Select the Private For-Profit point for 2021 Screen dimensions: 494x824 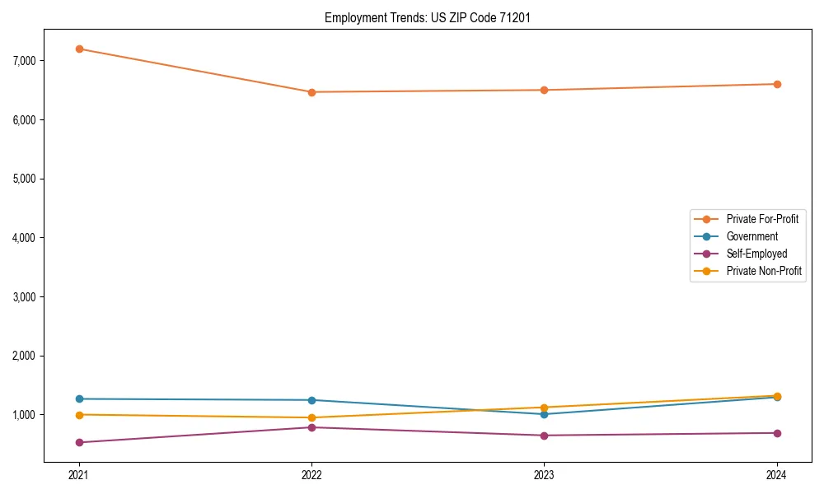pyautogui.click(x=79, y=49)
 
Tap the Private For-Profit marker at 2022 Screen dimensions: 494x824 pyautogui.click(x=311, y=92)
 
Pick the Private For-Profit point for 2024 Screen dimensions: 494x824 pyautogui.click(x=777, y=84)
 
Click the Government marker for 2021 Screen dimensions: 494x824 pyautogui.click(x=79, y=399)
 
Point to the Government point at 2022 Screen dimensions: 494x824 pyautogui.click(x=311, y=400)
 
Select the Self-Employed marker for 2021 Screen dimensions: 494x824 pyautogui.click(x=79, y=442)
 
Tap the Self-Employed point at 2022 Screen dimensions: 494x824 pyautogui.click(x=311, y=427)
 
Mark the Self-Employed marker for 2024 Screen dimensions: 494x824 pyautogui.click(x=777, y=433)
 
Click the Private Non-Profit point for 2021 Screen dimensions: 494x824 pyautogui.click(x=79, y=415)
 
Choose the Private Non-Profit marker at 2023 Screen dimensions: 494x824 pyautogui.click(x=544, y=408)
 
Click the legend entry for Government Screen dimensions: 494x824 pyautogui.click(x=751, y=236)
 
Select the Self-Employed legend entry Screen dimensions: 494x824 pyautogui.click(x=756, y=254)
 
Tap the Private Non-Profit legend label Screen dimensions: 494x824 pyautogui.click(x=764, y=271)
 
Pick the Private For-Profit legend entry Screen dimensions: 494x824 pyautogui.click(x=762, y=219)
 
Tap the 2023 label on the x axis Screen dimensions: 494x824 pyautogui.click(x=544, y=474)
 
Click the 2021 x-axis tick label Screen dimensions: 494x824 pyautogui.click(x=79, y=474)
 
